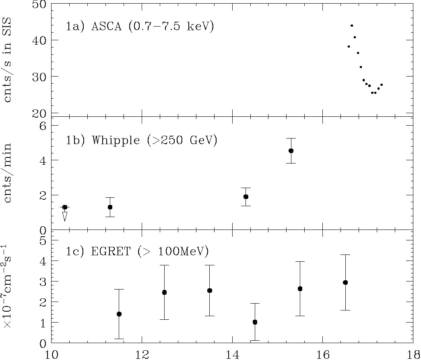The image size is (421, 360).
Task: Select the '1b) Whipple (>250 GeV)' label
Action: (x=142, y=140)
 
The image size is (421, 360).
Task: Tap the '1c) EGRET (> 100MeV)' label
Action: (x=137, y=252)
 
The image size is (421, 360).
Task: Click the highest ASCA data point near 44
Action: (x=352, y=25)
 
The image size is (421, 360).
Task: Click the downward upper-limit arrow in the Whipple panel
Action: (x=64, y=216)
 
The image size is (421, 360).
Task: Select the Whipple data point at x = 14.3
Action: (x=246, y=197)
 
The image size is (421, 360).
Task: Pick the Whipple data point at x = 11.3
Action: (x=110, y=207)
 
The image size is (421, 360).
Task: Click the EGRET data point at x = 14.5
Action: (x=255, y=322)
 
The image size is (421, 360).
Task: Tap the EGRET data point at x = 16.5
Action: (x=345, y=282)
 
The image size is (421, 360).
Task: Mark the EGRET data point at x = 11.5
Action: (x=119, y=314)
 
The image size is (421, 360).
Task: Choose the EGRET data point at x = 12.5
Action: (x=164, y=292)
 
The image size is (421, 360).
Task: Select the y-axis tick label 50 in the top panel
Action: (x=37, y=5)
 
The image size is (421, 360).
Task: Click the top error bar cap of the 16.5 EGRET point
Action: (x=345, y=254)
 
